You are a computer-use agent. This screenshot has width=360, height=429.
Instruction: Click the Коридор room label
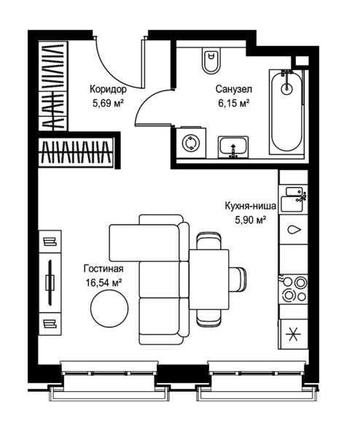[109, 90]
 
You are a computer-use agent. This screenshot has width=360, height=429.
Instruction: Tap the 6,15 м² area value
[234, 104]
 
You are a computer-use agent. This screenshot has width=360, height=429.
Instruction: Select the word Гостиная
[103, 269]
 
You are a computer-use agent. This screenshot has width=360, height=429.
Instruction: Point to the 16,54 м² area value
[103, 282]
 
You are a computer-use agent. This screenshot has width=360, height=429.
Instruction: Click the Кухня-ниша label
[251, 206]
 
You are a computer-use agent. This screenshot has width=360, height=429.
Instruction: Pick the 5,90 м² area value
[251, 220]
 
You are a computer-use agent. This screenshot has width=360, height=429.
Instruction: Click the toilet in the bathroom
[211, 60]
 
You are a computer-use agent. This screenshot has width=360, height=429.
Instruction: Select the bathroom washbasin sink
[233, 147]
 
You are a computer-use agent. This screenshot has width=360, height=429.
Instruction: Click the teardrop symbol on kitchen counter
[294, 230]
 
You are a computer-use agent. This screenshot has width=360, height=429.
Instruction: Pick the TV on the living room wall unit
[50, 282]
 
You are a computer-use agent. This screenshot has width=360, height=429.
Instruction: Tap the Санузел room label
[234, 90]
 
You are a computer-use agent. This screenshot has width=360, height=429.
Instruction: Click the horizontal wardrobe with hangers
[76, 152]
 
